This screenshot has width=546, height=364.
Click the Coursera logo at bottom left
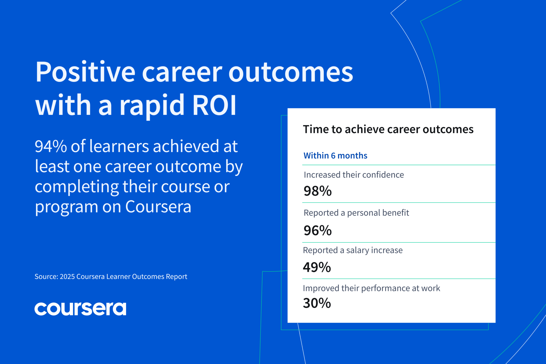click(x=80, y=309)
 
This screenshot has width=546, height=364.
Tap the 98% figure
click(x=318, y=191)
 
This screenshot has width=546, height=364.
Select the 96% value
click(x=318, y=230)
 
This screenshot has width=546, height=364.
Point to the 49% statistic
click(x=317, y=267)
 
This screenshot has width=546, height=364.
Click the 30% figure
click(x=317, y=303)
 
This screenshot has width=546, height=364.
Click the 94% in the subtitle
click(x=51, y=146)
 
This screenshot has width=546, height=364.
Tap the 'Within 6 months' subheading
click(x=335, y=155)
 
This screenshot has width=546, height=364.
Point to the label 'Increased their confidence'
click(x=354, y=175)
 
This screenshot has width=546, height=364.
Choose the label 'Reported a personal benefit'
click(x=356, y=213)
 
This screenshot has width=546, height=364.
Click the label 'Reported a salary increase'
click(x=353, y=250)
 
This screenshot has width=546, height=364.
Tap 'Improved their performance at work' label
click(x=371, y=288)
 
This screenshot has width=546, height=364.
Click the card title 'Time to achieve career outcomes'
click(x=388, y=129)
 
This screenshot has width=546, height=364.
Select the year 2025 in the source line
click(x=67, y=277)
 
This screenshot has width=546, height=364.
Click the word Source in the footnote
click(x=46, y=277)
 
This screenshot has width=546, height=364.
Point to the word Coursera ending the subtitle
click(x=158, y=207)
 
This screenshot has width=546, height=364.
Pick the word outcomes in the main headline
click(x=291, y=72)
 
